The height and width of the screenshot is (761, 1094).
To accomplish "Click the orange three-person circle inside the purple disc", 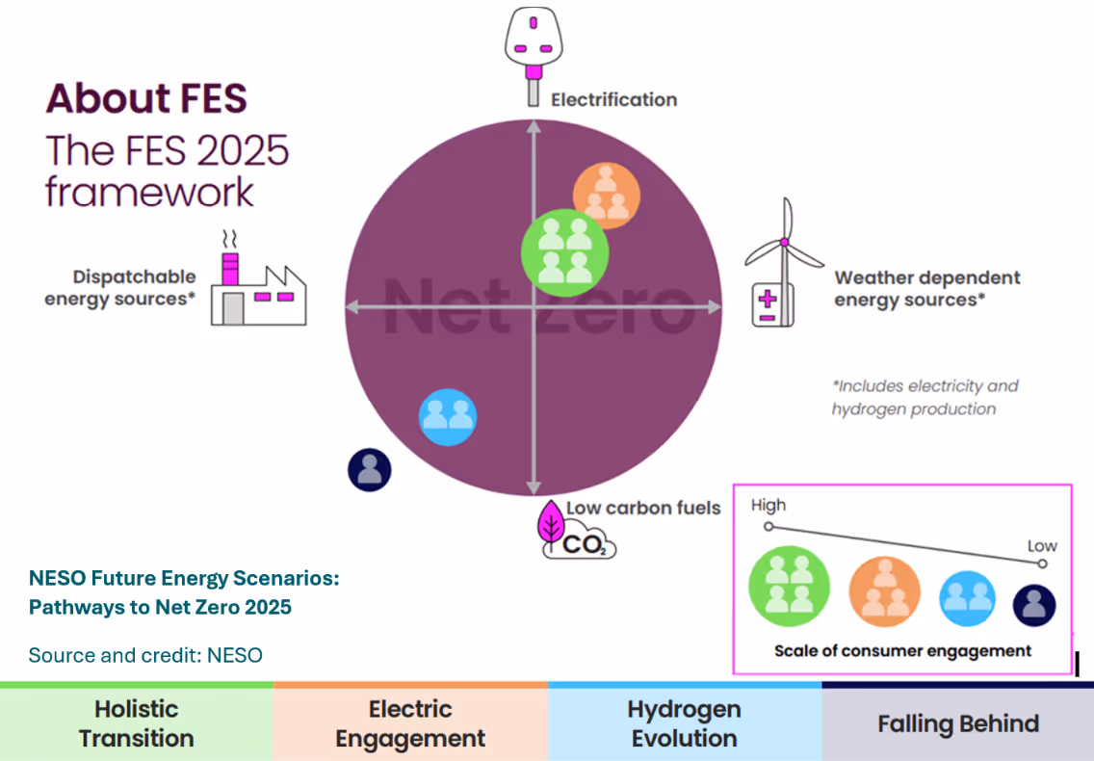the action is click(606, 194).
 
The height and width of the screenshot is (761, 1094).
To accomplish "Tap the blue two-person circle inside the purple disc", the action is click(448, 416).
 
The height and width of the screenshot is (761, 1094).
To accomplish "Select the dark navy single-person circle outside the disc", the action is click(369, 470).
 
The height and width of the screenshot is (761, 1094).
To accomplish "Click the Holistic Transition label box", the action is click(137, 723).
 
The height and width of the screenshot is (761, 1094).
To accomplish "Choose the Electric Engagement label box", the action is click(410, 723).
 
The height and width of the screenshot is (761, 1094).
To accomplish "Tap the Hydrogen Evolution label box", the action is click(684, 723).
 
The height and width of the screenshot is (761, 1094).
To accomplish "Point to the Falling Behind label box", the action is click(957, 723).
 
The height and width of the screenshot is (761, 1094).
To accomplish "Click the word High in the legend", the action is click(768, 505).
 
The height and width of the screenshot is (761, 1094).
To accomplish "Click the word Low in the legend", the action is click(1042, 545).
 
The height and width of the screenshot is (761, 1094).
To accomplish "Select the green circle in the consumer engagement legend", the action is click(789, 587).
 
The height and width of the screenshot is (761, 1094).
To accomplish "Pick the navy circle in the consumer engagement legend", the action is click(1034, 605).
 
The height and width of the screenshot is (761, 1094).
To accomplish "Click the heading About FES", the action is click(146, 98).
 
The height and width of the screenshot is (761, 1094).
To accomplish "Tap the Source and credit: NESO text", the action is click(145, 655).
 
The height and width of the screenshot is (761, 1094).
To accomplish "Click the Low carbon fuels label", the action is click(642, 508).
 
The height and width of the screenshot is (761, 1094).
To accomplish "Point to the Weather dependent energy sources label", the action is click(926, 288).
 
